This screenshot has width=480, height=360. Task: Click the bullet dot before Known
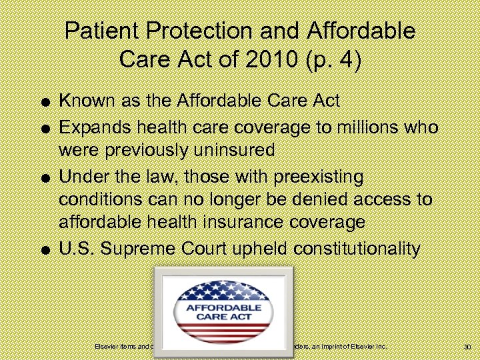[43, 103]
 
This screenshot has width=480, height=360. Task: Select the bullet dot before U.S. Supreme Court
[43, 251]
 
